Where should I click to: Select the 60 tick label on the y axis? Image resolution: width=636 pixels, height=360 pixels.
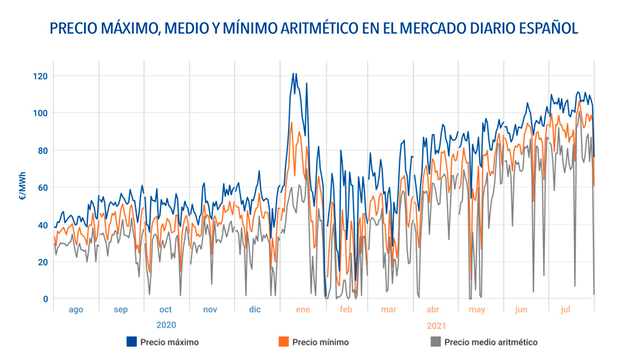point(41,188)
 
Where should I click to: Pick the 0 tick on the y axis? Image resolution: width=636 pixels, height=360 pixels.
point(44,299)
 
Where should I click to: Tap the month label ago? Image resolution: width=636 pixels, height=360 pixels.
point(76,310)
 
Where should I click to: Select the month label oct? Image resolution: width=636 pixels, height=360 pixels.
point(165,310)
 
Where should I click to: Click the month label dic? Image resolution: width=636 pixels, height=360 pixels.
point(254,310)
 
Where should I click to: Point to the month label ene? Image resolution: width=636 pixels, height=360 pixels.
point(302,310)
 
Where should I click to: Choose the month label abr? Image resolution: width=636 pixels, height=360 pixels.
point(432,310)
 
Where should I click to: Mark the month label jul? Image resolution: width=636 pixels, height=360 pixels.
point(565,310)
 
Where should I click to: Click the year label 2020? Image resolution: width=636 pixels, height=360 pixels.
point(165,324)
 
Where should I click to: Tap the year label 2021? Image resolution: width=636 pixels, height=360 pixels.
point(436,325)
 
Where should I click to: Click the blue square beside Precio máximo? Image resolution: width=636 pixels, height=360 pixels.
point(132,342)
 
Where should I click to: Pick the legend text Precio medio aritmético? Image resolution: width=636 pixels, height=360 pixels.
point(490,342)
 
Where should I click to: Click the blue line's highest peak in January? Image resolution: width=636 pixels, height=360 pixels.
point(293,73)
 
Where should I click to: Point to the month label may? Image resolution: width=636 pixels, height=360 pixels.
point(476,310)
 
